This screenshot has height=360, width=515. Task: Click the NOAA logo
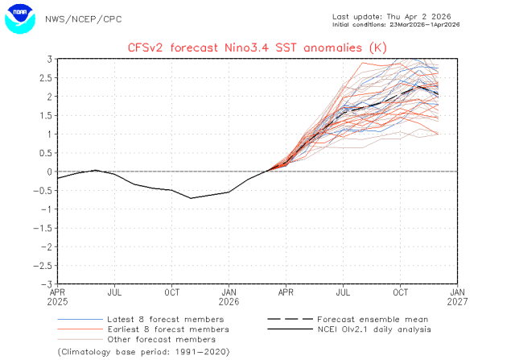(20, 19)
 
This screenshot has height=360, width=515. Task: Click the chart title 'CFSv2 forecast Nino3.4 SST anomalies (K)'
(257, 47)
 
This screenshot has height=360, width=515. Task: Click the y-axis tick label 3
(49, 60)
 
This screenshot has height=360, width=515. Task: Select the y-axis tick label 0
(49, 172)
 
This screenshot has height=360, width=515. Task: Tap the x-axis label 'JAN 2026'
(229, 299)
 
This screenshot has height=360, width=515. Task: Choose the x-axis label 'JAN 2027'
(457, 299)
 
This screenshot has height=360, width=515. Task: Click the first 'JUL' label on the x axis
(115, 294)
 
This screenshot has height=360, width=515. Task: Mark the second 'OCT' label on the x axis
(401, 294)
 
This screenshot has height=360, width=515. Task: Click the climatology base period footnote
(143, 352)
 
